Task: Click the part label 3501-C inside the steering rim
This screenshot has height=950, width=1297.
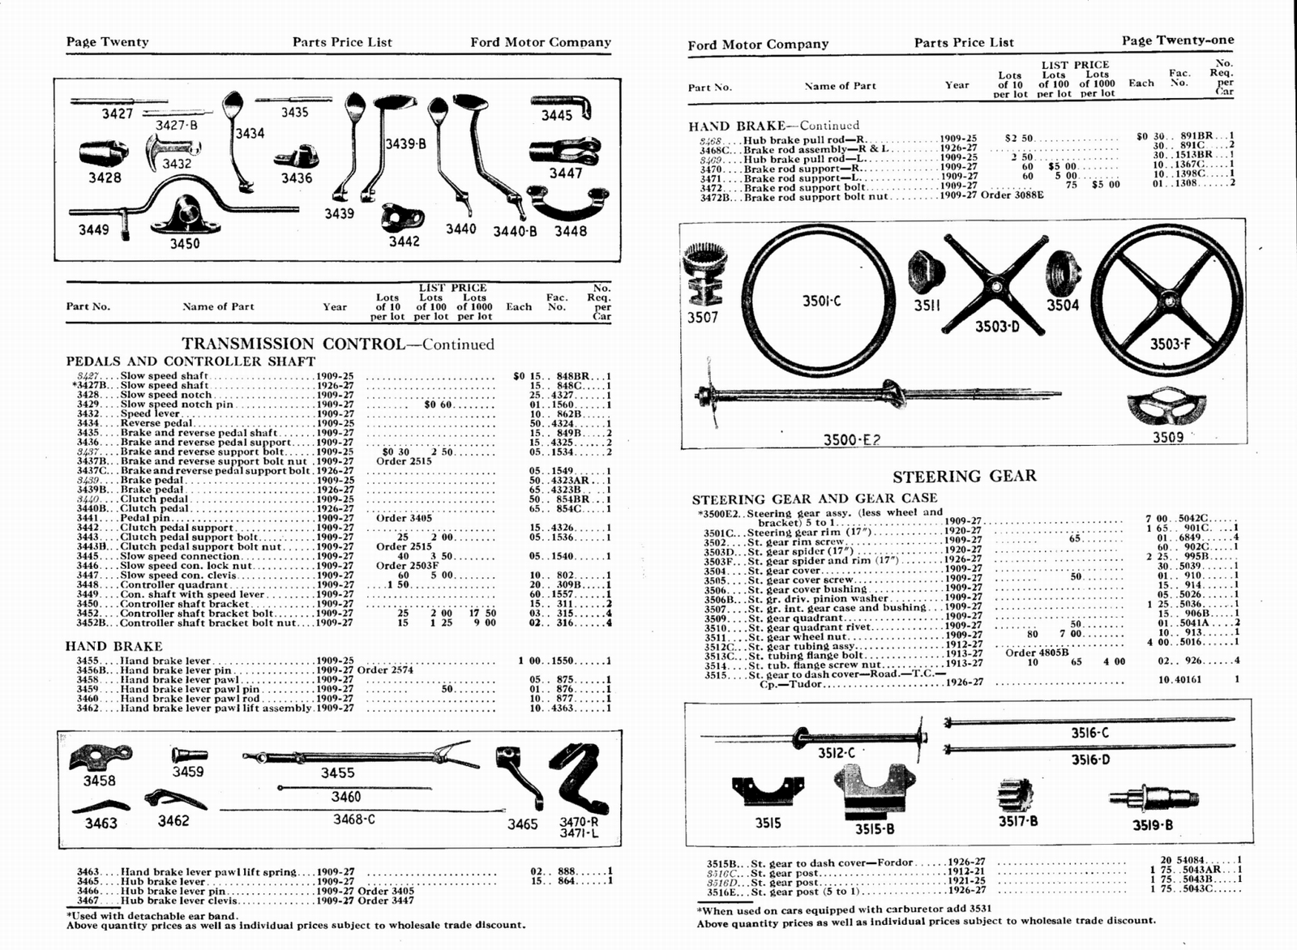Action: click(821, 301)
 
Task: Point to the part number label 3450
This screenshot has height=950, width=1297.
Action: click(184, 243)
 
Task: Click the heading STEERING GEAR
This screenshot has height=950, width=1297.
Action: click(964, 476)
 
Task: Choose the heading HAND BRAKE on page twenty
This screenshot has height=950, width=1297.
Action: click(113, 646)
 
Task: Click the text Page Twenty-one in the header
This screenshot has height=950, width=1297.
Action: click(1178, 41)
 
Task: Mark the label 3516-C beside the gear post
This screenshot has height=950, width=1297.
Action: click(1089, 733)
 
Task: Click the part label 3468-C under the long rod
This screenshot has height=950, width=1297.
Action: click(354, 819)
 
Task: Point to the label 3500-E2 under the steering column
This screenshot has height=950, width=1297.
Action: click(851, 439)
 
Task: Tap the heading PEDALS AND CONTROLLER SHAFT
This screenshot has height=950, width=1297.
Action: click(190, 362)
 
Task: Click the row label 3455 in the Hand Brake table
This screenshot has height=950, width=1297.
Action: click(88, 661)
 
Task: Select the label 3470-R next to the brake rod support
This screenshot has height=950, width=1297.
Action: click(579, 820)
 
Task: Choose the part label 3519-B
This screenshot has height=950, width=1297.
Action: click(1152, 825)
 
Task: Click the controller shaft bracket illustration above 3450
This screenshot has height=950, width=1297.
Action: click(184, 214)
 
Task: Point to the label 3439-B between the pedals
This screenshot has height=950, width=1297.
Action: click(405, 143)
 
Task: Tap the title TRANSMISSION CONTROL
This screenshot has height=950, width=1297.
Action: click(293, 344)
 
